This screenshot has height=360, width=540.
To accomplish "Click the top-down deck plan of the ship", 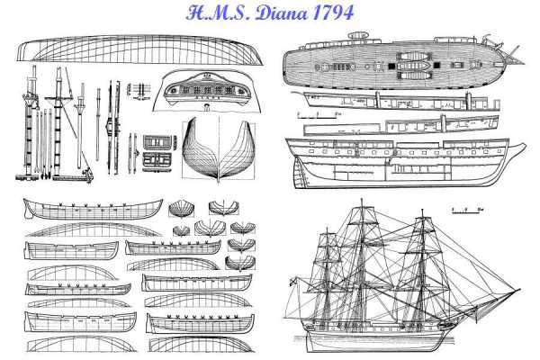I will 396,62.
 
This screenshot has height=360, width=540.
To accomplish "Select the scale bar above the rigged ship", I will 467,211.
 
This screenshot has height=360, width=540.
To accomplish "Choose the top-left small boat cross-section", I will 180,210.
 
